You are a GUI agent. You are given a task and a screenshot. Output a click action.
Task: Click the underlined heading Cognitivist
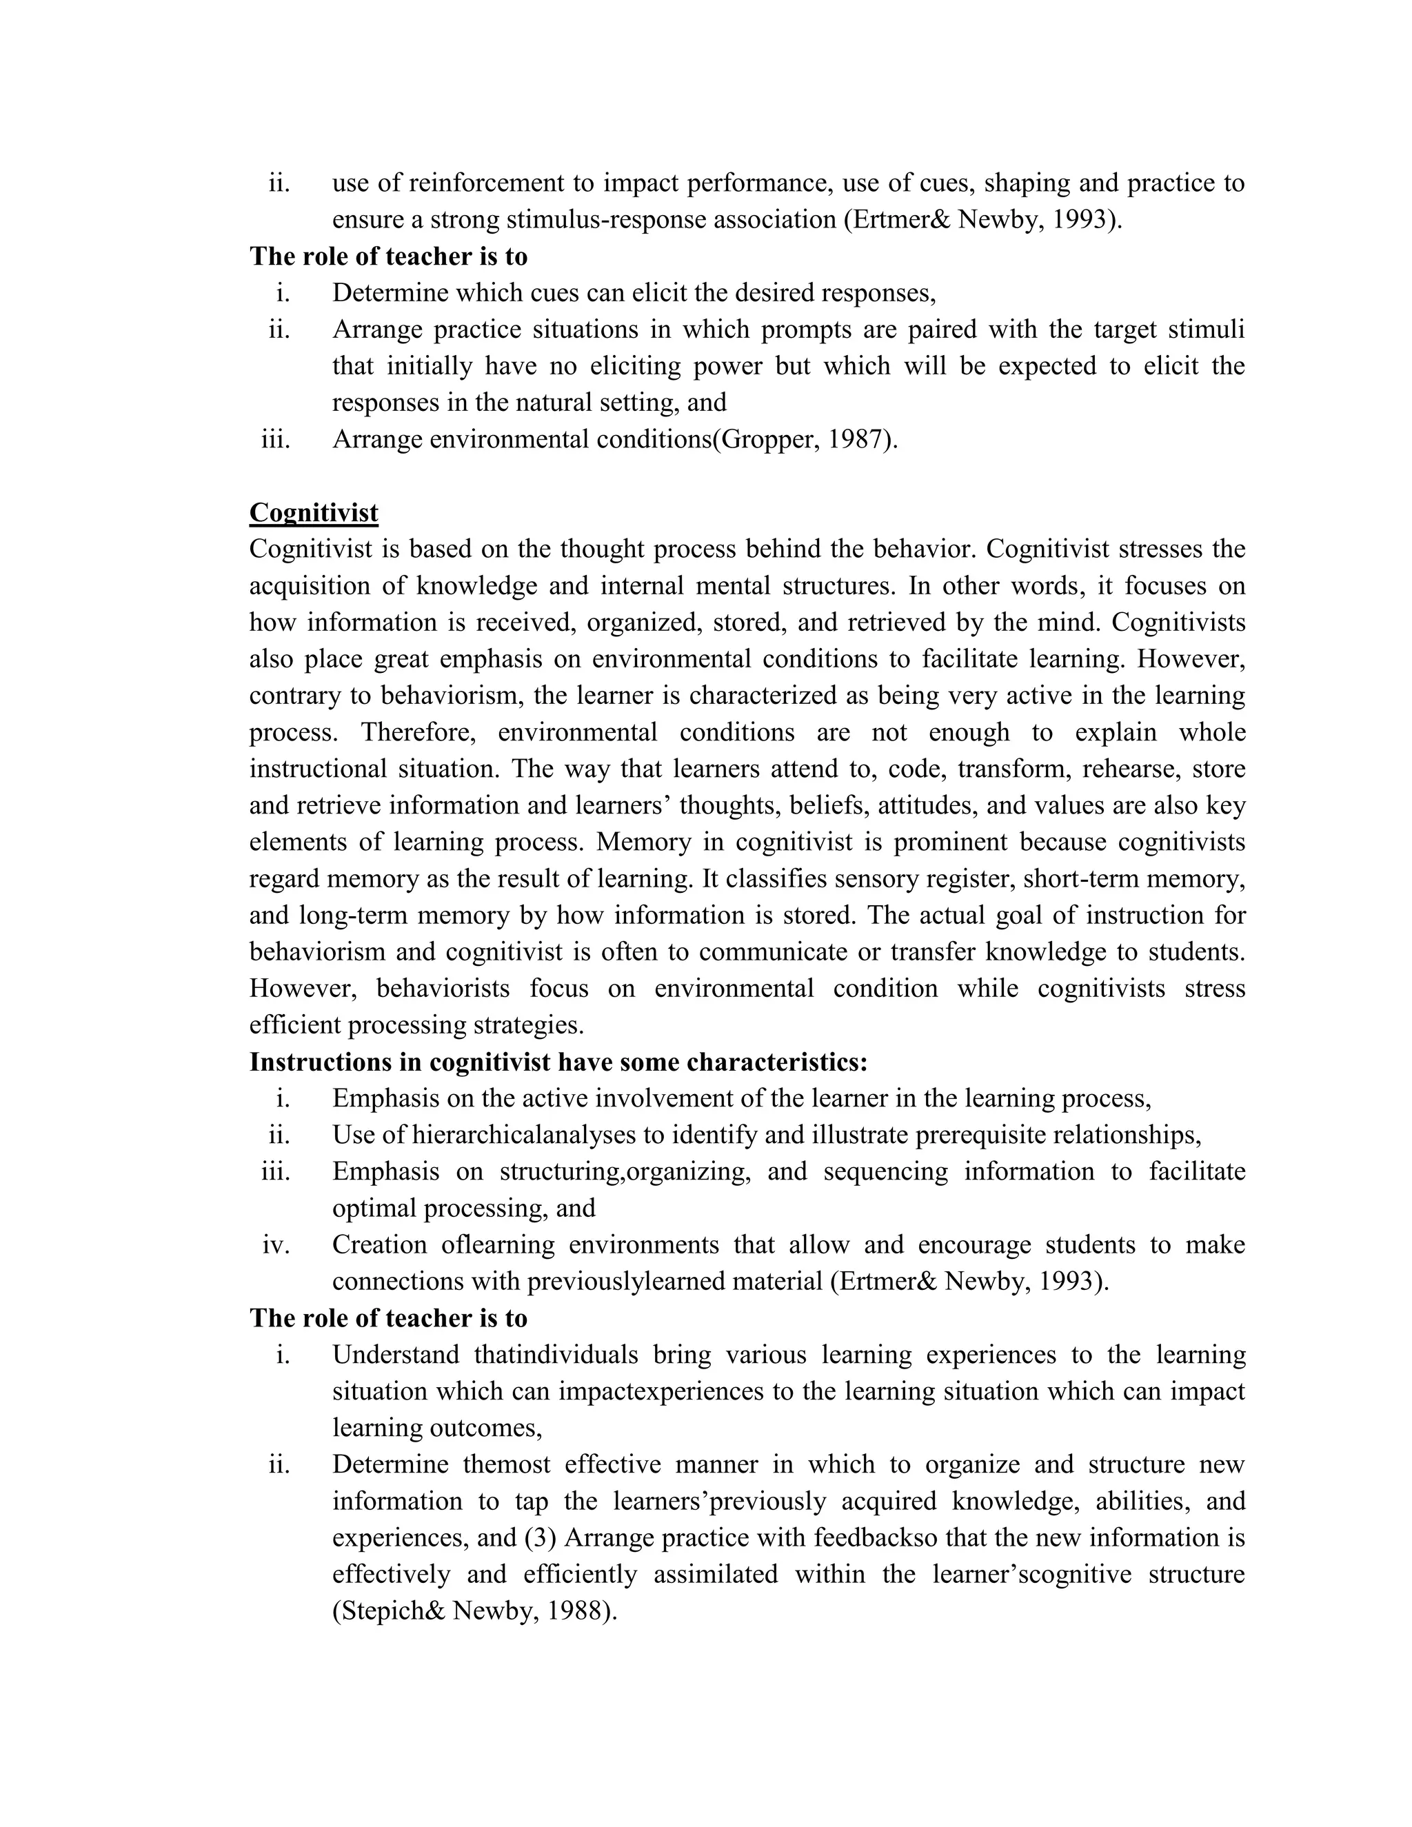314,513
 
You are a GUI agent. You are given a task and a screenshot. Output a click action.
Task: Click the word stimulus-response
605,219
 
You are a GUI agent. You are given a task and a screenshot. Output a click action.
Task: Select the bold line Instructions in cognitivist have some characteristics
558,1062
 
